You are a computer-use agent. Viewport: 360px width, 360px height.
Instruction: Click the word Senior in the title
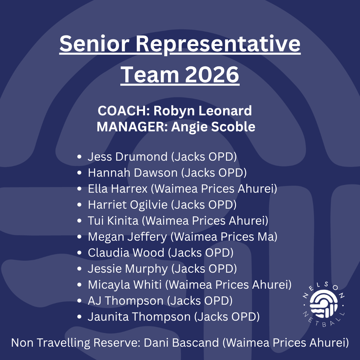point(94,43)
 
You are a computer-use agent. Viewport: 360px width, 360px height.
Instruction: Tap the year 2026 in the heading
point(212,74)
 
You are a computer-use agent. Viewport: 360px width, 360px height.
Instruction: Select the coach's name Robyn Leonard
point(203,111)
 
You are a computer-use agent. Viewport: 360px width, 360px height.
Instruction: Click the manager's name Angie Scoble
point(213,127)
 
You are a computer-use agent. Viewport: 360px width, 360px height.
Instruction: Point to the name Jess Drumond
point(128,157)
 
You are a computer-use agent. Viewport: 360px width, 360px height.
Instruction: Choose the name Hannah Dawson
point(133,173)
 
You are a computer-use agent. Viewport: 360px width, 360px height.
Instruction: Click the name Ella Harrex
point(118,189)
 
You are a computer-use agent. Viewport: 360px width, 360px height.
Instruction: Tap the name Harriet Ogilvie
point(128,205)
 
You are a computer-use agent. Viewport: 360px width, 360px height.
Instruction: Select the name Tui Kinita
point(113,221)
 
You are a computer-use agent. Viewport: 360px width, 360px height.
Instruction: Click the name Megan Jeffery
point(127,237)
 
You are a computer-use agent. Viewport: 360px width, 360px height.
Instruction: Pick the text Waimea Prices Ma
point(224,237)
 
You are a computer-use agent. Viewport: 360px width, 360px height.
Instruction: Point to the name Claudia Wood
point(126,253)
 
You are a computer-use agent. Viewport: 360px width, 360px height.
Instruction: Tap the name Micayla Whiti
point(125,285)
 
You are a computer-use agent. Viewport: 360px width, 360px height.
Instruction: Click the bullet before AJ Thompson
point(79,301)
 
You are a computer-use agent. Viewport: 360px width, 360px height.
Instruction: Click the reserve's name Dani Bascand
point(181,343)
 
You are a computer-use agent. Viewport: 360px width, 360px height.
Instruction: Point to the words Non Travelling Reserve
point(76,343)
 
